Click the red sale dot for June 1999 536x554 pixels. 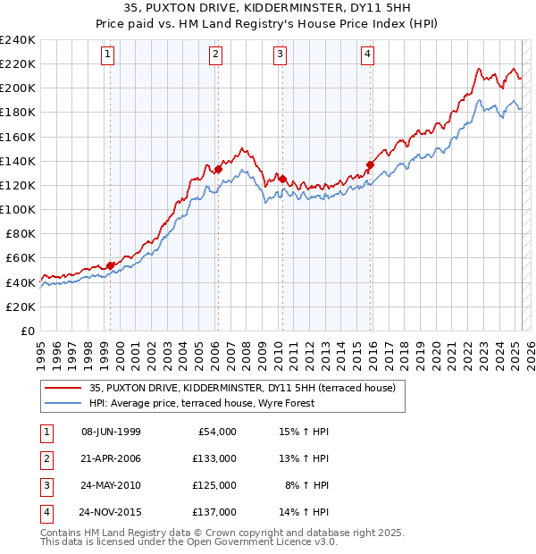(x=111, y=265)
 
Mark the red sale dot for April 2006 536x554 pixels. (x=218, y=169)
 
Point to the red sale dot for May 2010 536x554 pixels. (x=282, y=179)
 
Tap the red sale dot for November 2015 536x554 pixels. (x=370, y=164)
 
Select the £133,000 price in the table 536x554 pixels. (x=214, y=459)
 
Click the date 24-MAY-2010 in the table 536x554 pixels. (x=111, y=486)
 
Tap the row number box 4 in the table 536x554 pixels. (x=45, y=513)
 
